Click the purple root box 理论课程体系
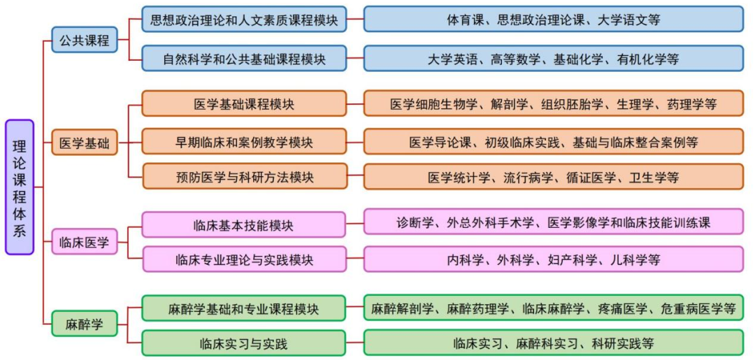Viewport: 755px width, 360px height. (19, 187)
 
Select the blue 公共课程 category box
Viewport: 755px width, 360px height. (84, 41)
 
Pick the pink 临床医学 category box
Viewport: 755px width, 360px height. (84, 242)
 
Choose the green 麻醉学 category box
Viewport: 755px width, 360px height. (84, 324)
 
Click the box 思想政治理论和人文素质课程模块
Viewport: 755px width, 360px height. (244, 20)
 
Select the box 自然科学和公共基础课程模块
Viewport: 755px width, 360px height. (244, 59)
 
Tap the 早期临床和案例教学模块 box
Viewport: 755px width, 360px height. (244, 142)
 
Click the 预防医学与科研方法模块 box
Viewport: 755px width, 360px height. (244, 177)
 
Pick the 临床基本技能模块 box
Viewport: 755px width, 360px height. (244, 225)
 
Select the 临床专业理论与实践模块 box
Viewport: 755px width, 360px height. (244, 260)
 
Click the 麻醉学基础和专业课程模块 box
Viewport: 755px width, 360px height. (244, 308)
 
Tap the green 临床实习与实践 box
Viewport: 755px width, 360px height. (244, 343)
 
